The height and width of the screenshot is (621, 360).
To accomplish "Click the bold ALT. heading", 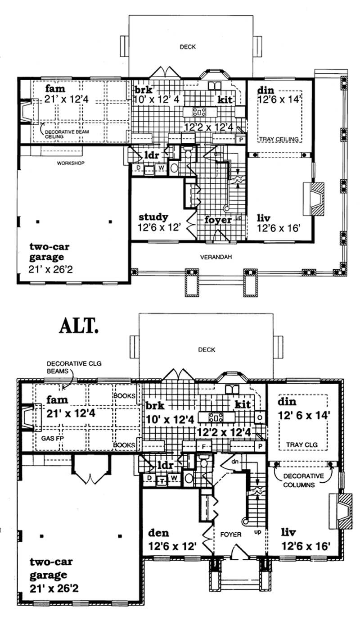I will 79,325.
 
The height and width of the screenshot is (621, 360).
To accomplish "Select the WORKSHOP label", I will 71,163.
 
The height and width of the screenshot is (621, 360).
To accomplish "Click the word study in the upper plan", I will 153,217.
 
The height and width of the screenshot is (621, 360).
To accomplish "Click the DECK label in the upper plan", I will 187,46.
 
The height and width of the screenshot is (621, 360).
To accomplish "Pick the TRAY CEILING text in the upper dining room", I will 279,140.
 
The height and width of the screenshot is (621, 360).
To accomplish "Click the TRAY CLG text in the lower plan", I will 302,444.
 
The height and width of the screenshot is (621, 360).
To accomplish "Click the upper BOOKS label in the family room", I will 125,396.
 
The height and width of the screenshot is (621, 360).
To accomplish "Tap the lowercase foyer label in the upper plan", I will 218,220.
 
